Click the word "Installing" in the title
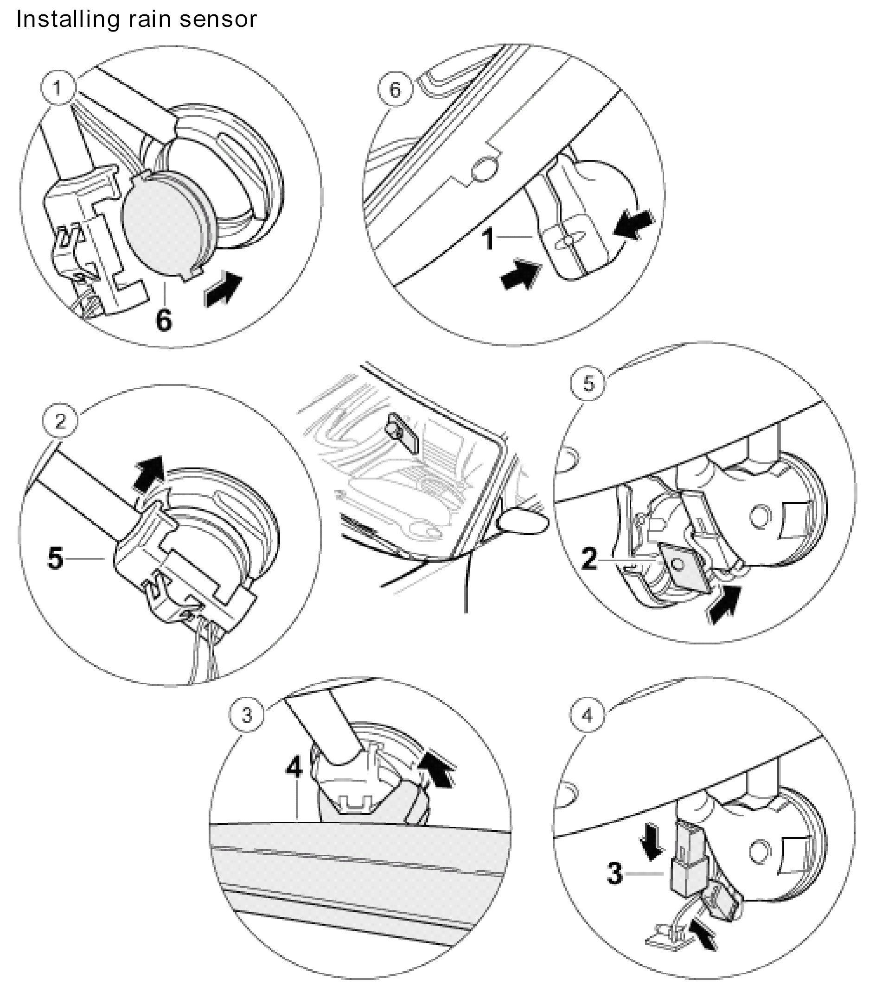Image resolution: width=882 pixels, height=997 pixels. pos(68,19)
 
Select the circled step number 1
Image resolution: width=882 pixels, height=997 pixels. pos(58,88)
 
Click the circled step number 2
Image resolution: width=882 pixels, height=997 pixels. pos(60,421)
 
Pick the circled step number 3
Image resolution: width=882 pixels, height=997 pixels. pos(247,714)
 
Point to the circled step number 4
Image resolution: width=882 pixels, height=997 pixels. pos(587,714)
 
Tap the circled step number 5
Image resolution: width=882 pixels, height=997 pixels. pos(588,384)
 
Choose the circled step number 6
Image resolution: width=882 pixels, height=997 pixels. pos(396,90)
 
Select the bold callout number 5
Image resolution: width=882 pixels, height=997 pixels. pos(56,558)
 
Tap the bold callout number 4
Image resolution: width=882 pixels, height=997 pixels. pos(294,767)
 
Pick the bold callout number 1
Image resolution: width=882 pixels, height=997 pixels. pos(488,239)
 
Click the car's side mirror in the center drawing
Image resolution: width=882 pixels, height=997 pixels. pos(522,522)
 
